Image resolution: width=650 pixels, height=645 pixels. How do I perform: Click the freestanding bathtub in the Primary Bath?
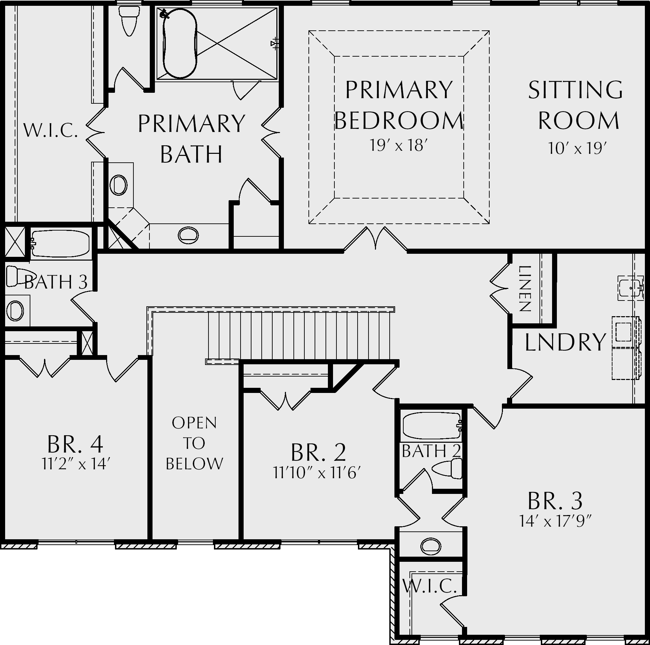tap(180, 43)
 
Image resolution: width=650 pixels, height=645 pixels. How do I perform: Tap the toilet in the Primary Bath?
tap(129, 20)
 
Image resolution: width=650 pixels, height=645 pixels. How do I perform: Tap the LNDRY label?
tap(565, 342)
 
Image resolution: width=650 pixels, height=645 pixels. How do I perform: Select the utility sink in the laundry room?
tap(631, 288)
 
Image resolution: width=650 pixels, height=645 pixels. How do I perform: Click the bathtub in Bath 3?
tap(60, 243)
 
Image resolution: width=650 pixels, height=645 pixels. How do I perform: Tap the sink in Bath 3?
tap(15, 311)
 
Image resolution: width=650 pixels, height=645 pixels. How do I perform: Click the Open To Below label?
tap(194, 443)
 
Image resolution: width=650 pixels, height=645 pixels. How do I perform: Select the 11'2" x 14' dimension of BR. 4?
tap(75, 464)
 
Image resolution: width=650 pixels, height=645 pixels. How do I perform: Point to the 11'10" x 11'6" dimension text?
tap(317, 473)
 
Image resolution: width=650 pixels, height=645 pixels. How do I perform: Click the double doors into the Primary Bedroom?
tap(375, 238)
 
